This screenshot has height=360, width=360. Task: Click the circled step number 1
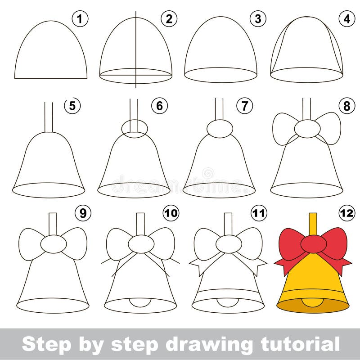point(80,19)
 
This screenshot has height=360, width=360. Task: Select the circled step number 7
point(244,106)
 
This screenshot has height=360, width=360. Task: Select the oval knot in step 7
point(220,128)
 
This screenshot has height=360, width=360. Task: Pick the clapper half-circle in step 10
point(139,301)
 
